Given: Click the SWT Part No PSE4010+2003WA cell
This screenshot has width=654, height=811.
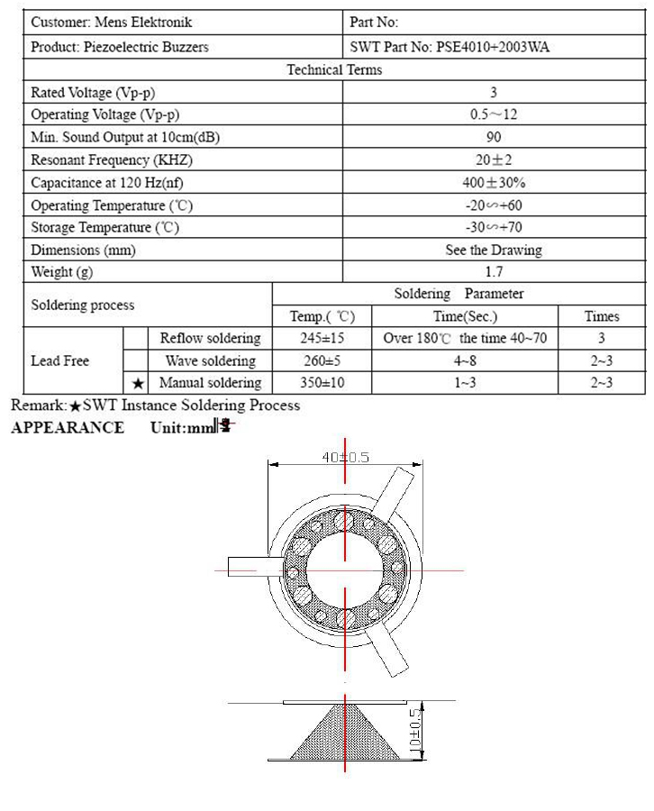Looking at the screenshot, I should [x=449, y=47].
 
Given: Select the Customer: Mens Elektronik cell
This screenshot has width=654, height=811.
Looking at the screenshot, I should [x=112, y=23].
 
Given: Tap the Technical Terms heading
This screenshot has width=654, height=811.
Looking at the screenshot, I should [x=334, y=69].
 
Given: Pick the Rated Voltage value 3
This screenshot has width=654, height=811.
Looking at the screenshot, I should [x=494, y=92].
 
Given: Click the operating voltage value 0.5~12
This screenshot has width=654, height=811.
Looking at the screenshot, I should [x=494, y=114].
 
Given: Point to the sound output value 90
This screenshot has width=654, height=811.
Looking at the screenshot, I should [x=494, y=137].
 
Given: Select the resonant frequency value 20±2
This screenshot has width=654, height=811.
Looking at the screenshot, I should [x=494, y=159].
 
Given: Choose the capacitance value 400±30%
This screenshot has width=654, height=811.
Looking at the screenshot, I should [x=494, y=182].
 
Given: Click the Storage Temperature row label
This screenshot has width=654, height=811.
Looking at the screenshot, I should [x=105, y=228].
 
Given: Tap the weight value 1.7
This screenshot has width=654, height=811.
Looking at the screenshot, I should [x=494, y=271].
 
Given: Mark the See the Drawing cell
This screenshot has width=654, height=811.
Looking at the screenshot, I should [x=494, y=250].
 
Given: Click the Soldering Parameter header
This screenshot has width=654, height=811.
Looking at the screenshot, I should [x=459, y=294].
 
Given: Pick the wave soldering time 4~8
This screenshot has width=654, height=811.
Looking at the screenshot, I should [x=465, y=361].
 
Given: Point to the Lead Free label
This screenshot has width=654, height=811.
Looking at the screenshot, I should [x=59, y=361].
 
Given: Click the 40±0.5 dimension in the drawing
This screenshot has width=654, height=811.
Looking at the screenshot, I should [x=346, y=457].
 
